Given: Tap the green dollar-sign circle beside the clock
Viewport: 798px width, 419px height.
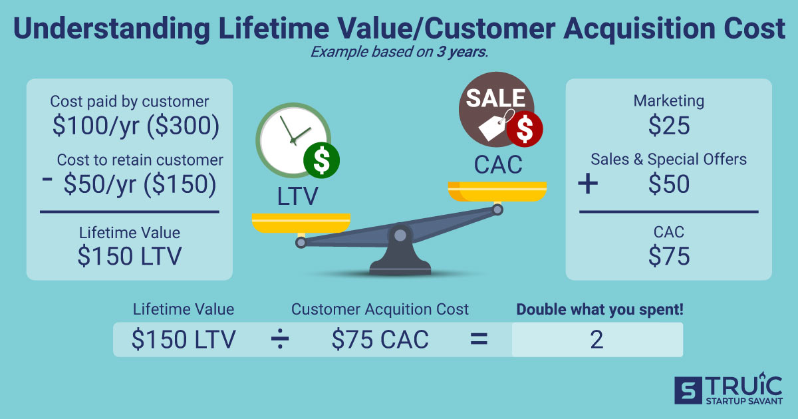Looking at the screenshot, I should [321, 160].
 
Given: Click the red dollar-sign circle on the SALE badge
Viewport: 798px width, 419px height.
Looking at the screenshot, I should [525, 130].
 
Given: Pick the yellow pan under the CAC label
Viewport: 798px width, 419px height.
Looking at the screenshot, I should [497, 192].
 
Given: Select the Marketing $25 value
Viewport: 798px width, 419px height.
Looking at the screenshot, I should [669, 126].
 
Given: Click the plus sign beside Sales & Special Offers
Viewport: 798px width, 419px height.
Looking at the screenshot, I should [588, 184].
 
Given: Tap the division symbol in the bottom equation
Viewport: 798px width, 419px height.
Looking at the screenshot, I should [280, 340].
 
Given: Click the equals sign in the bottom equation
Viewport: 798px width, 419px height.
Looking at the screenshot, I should [479, 340].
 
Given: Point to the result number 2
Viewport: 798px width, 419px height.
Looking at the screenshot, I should [597, 340].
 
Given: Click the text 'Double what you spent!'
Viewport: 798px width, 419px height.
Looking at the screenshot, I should [600, 309].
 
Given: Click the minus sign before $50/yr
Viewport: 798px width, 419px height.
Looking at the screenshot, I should [47, 184].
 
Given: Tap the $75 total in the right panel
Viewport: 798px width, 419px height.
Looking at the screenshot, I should [669, 257].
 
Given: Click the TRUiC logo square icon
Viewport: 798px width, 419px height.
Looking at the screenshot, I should [686, 390].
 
